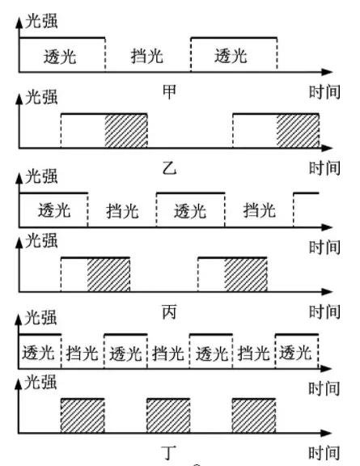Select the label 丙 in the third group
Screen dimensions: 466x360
click(170, 310)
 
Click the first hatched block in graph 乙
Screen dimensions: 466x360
click(126, 132)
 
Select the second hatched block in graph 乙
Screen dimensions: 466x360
click(298, 132)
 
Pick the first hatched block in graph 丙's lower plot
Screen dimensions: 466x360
click(108, 275)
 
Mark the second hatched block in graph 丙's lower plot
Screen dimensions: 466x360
click(245, 275)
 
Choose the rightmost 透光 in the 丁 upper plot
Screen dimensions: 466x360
click(295, 353)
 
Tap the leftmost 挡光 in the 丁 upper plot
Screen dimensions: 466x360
click(83, 353)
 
